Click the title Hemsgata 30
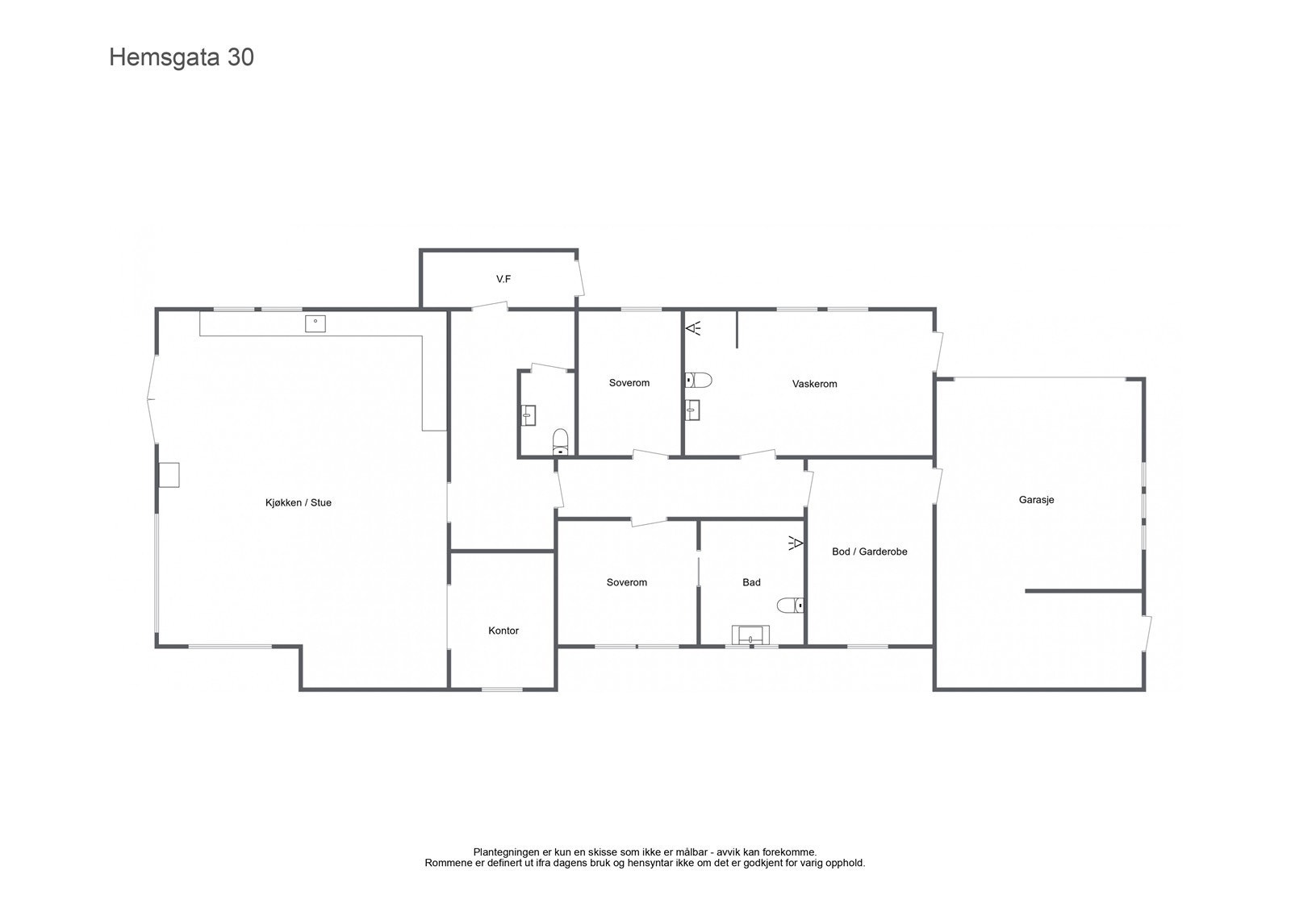pyautogui.click(x=182, y=58)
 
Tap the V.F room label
pyautogui.click(x=503, y=279)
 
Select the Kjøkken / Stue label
pyautogui.click(x=298, y=502)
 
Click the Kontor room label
pyautogui.click(x=503, y=631)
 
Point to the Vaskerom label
pyautogui.click(x=814, y=384)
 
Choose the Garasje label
pyautogui.click(x=1036, y=499)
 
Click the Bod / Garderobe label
pyautogui.click(x=869, y=552)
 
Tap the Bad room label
pyautogui.click(x=751, y=582)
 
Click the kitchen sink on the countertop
pyautogui.click(x=315, y=323)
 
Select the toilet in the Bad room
pyautogui.click(x=789, y=605)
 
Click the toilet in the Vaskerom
pyautogui.click(x=698, y=380)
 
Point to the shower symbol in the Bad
pyautogui.click(x=795, y=543)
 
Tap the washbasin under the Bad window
pyautogui.click(x=750, y=635)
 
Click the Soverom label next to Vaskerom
pyautogui.click(x=629, y=383)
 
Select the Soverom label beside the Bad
pyautogui.click(x=627, y=582)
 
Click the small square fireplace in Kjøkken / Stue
pyautogui.click(x=169, y=475)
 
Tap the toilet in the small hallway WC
pyautogui.click(x=561, y=440)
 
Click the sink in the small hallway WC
pyautogui.click(x=528, y=415)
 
